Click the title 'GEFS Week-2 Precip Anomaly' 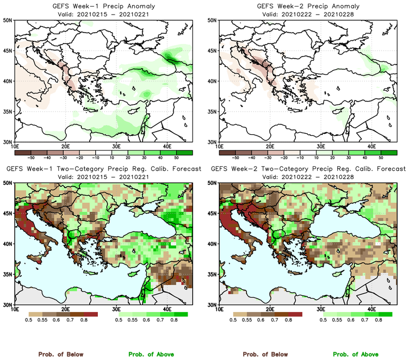[x=308, y=7]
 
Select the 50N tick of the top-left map [x=8, y=20]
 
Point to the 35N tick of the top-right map [x=213, y=111]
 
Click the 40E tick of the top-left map [x=166, y=146]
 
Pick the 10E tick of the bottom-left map [x=15, y=309]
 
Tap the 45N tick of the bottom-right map [x=213, y=214]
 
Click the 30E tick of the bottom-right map [x=321, y=309]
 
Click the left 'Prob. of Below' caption [x=60, y=354]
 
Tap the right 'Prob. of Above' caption [x=355, y=354]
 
